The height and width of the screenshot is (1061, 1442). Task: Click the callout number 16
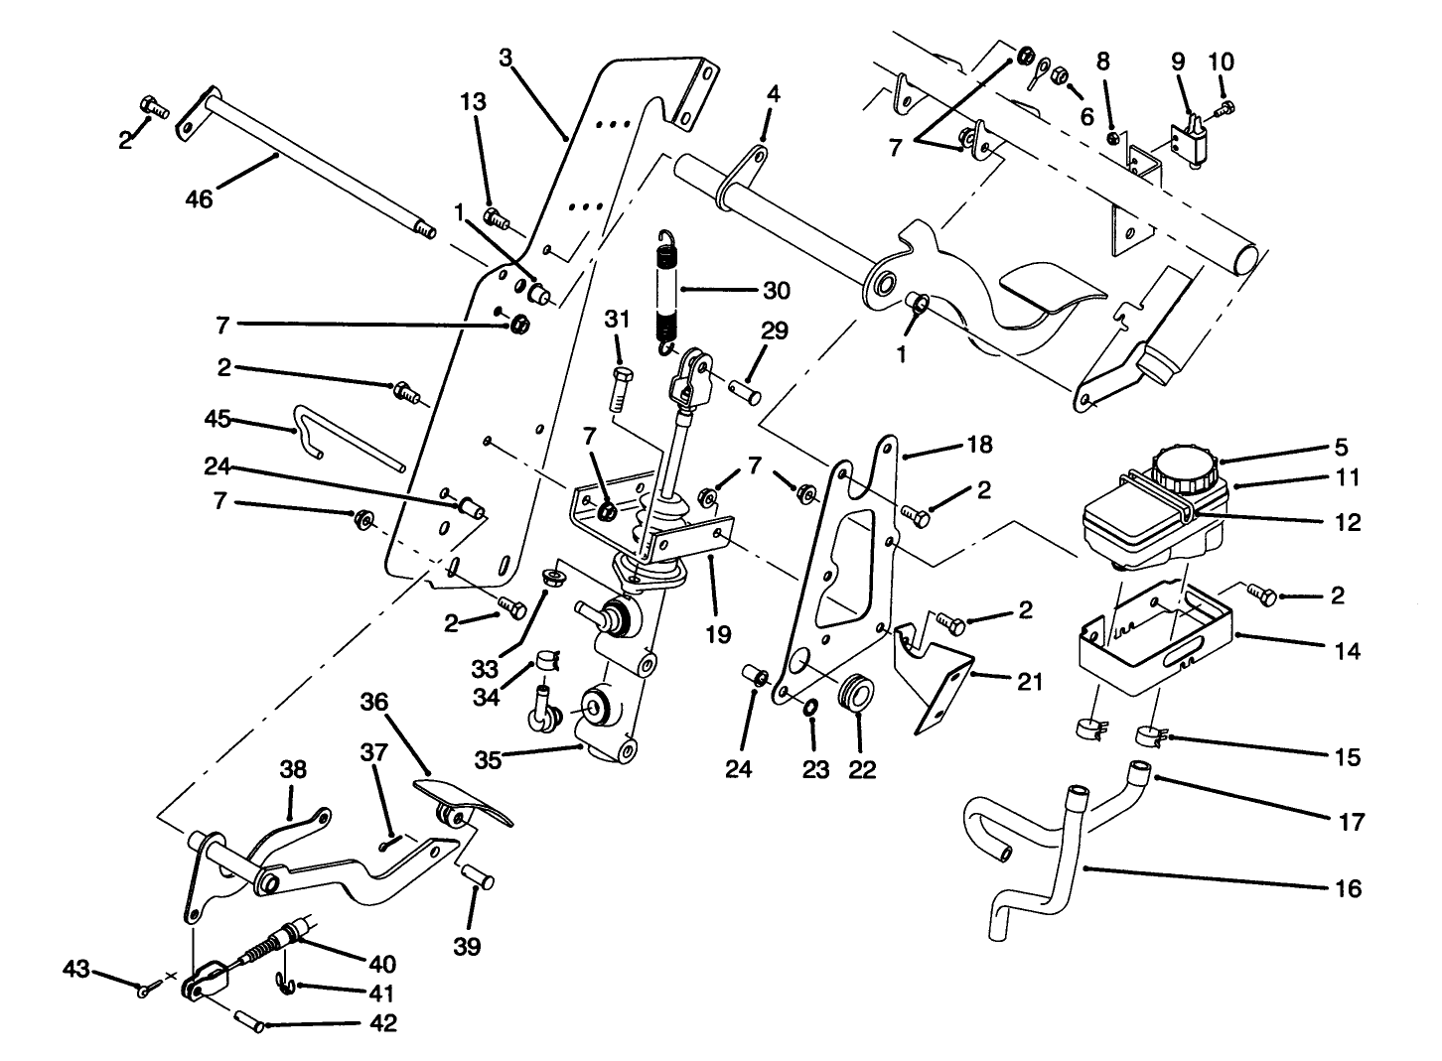coord(1348,888)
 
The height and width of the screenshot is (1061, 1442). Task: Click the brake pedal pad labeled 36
coord(462,801)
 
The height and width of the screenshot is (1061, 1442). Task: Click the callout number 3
coord(505,58)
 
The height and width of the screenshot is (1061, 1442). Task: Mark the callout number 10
coord(1221,62)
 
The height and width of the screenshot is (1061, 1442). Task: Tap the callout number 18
coord(979,445)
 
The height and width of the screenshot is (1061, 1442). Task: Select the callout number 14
coord(1348,651)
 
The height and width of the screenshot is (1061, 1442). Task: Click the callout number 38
coord(293,769)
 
